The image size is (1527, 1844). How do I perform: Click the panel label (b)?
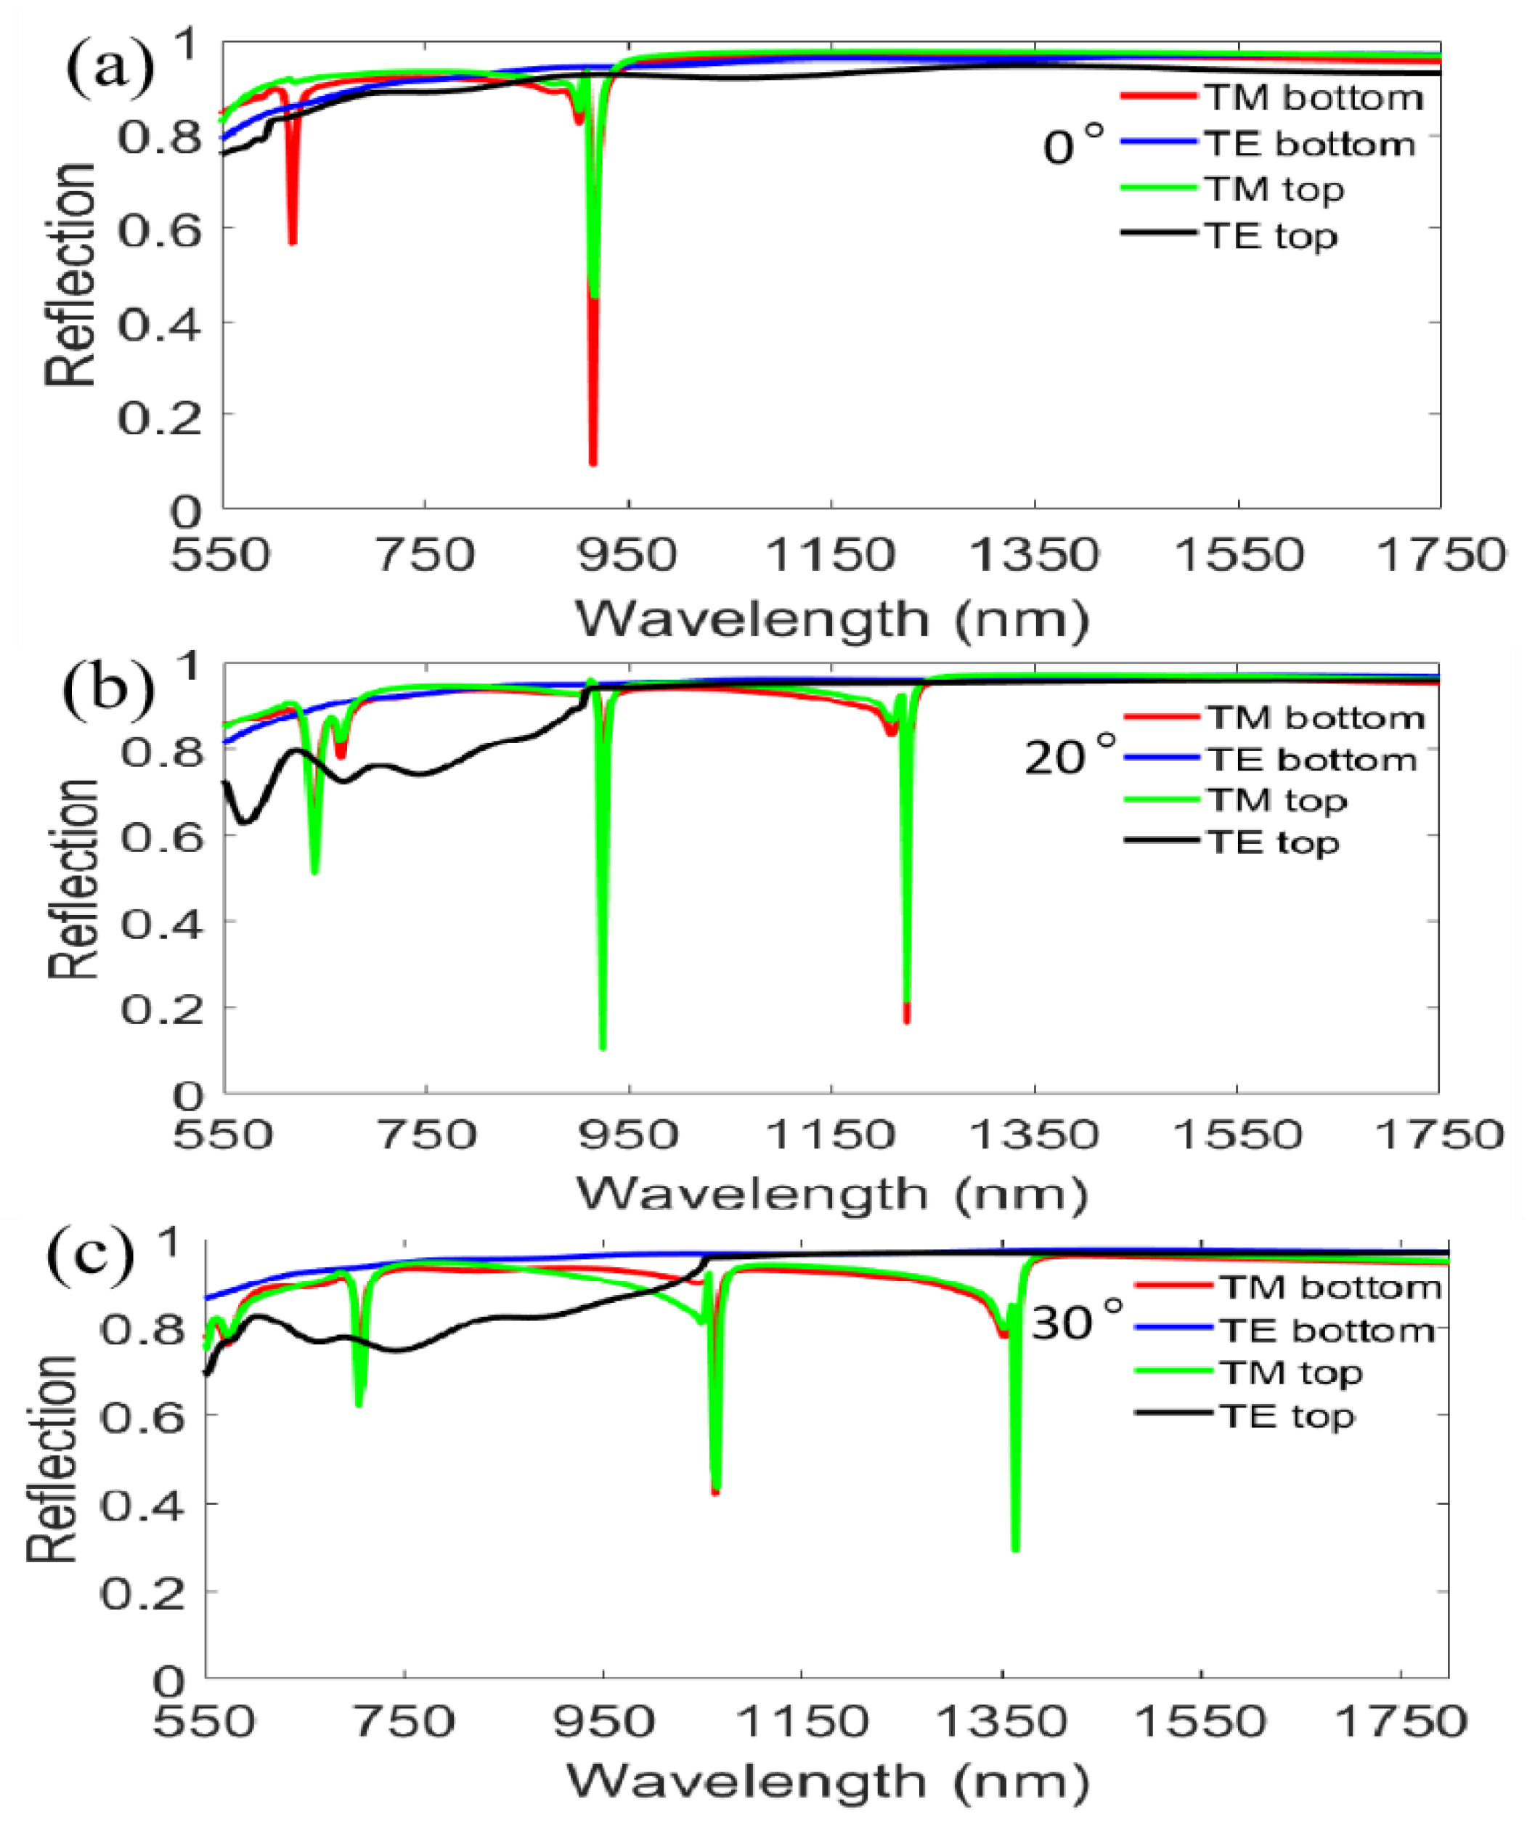(x=107, y=688)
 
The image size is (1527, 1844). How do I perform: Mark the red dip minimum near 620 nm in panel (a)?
(x=293, y=240)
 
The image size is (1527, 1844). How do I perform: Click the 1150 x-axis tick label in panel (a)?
(x=830, y=555)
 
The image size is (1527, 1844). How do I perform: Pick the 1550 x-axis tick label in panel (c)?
(x=1200, y=1721)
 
